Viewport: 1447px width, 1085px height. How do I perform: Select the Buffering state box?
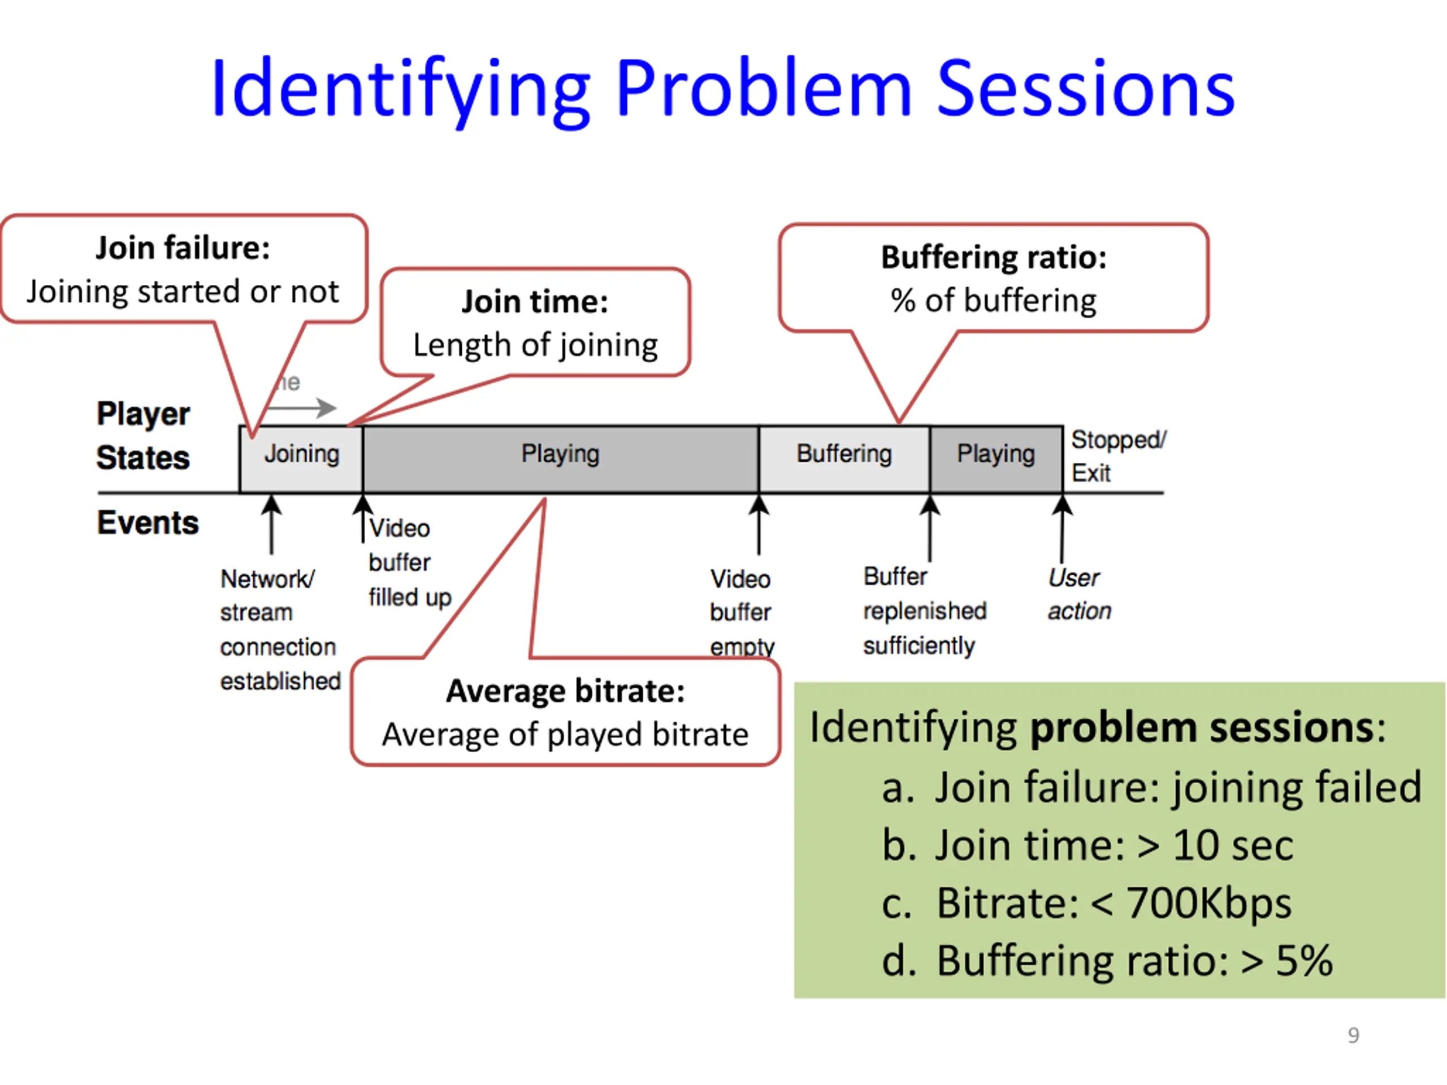844,458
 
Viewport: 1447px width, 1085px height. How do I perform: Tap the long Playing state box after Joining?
561,458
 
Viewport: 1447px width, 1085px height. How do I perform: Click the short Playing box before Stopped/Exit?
995,458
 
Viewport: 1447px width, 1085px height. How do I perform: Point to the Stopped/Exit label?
1117,456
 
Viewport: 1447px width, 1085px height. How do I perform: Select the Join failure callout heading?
183,248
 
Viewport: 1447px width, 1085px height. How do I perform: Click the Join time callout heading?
535,302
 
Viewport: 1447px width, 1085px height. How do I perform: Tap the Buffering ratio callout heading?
994,257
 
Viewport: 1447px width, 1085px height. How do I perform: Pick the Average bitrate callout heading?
565,691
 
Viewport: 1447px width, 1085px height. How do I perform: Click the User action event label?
1078,594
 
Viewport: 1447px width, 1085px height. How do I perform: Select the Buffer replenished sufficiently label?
924,611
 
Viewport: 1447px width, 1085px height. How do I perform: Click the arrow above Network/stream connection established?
271,523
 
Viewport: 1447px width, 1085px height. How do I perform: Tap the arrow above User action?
1062,527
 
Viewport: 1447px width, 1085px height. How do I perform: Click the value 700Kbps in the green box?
1209,904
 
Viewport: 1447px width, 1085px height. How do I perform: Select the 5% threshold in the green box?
1304,961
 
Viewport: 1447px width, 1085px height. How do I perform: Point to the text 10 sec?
1233,845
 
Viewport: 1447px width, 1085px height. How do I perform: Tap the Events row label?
148,523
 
